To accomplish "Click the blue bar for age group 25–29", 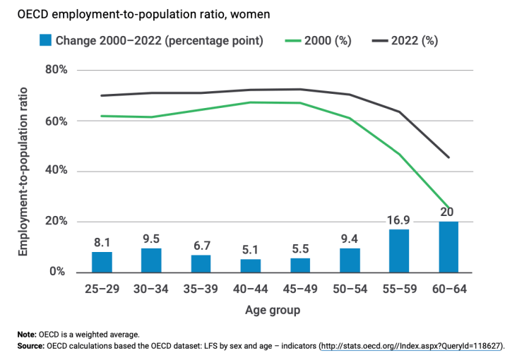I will coord(102,262).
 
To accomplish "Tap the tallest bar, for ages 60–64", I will coord(448,247).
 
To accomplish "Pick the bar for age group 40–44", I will coord(250,265).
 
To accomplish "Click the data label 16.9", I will coord(398,220).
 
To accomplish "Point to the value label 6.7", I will coord(201,246).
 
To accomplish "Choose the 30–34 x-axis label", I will coord(151,289).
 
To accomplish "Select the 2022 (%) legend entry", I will coord(413,41).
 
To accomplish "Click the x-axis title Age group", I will coord(273,310).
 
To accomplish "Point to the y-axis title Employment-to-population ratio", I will coord(23,172).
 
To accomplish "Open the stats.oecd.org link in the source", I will coord(412,347).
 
